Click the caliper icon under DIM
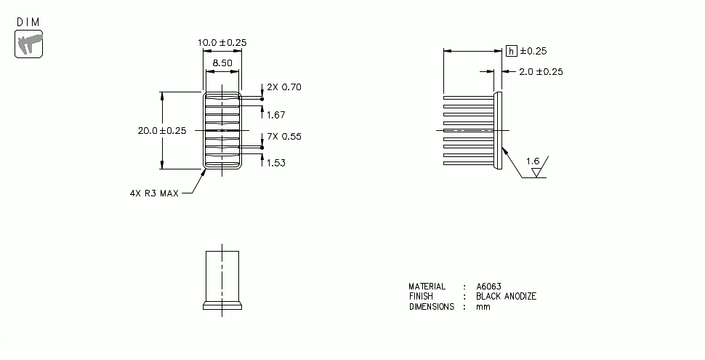[x=29, y=44]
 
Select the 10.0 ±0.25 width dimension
[x=222, y=43]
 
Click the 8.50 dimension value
[x=222, y=63]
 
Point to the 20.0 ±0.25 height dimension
[x=162, y=131]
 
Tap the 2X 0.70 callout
[x=283, y=87]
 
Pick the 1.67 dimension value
[x=276, y=115]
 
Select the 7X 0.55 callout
[x=283, y=137]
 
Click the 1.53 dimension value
[x=276, y=163]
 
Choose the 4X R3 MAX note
[x=153, y=193]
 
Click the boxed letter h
[x=512, y=51]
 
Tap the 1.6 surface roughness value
[x=532, y=161]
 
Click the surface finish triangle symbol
[x=538, y=173]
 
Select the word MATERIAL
[x=427, y=287]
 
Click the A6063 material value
[x=489, y=287]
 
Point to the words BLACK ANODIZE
[x=506, y=297]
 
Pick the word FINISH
[x=421, y=297]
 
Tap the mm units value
[x=483, y=307]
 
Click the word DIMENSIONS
[x=431, y=307]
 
